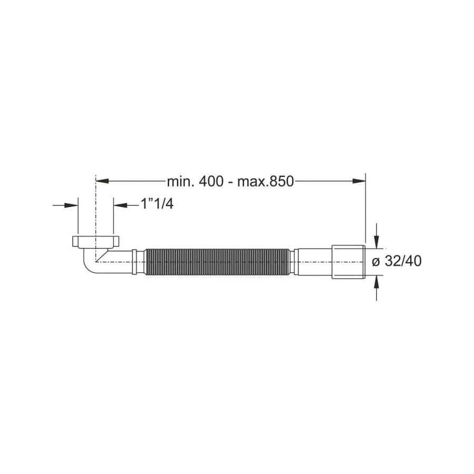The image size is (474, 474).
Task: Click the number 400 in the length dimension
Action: (211, 182)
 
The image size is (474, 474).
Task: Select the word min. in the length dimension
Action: (181, 182)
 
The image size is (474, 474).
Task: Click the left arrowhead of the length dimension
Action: (102, 181)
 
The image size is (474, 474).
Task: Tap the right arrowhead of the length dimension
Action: (359, 181)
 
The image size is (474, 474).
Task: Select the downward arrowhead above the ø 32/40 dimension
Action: (377, 242)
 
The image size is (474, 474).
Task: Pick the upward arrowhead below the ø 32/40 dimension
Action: (377, 281)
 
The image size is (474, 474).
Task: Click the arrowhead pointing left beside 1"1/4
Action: (120, 205)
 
